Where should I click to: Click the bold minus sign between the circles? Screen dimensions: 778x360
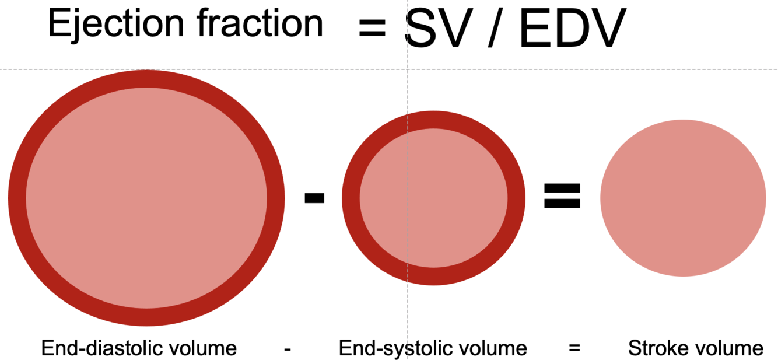coord(314,198)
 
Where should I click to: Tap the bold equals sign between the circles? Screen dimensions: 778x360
coord(562,196)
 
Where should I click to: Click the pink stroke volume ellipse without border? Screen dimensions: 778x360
coord(683,198)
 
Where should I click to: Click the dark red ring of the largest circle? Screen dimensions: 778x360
coord(17,198)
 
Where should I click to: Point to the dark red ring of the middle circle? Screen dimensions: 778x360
coord(351,198)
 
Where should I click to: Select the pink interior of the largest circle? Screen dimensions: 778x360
coord(146,198)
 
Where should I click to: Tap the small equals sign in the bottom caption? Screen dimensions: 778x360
coord(574,349)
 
